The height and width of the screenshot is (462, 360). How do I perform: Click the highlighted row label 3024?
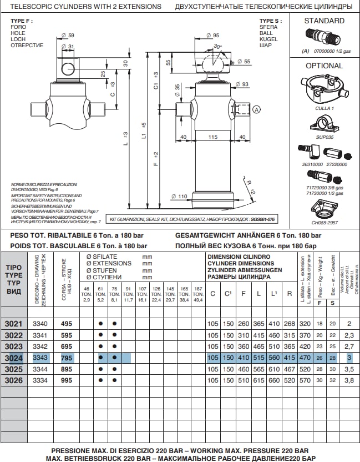[13, 358]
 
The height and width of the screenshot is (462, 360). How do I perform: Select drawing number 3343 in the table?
[40, 358]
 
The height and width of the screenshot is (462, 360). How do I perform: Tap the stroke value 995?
[67, 380]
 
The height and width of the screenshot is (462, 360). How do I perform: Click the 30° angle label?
[217, 47]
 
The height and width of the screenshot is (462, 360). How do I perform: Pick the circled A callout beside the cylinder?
[256, 110]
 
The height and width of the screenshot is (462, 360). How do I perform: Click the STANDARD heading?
[324, 21]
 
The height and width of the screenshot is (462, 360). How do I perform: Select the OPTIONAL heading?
[324, 66]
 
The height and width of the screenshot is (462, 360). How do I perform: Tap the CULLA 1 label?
[324, 108]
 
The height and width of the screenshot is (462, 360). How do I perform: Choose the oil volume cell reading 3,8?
[349, 380]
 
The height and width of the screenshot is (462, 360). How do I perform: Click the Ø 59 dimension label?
[68, 36]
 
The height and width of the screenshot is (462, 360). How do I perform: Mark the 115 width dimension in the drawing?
[212, 137]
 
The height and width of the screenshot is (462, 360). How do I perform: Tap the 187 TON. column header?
[197, 294]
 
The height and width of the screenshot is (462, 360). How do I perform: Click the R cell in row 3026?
[289, 380]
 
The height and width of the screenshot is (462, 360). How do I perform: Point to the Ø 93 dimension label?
[241, 84]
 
